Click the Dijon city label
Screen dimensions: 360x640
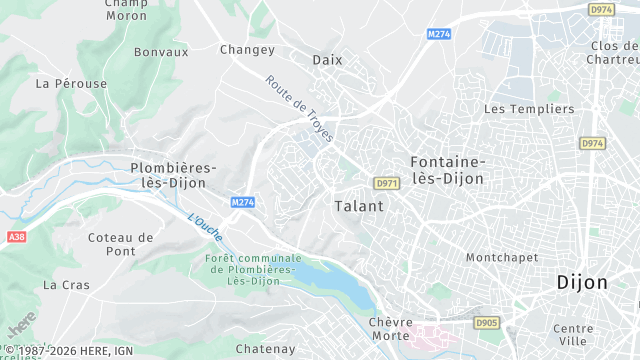[582, 282]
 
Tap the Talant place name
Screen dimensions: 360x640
[357, 205]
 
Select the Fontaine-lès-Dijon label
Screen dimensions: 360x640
[447, 170]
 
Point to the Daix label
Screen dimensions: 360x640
[327, 60]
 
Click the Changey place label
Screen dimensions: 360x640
[247, 50]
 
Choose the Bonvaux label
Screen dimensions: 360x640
[161, 51]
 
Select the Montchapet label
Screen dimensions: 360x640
[502, 257]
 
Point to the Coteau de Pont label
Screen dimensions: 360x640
[120, 244]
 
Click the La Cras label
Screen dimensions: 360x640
[66, 285]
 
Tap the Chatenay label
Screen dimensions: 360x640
[265, 349]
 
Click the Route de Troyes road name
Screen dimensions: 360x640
[299, 108]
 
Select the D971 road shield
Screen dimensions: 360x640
[386, 184]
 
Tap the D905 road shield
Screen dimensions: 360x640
[486, 323]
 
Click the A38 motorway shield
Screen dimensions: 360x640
[15, 237]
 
